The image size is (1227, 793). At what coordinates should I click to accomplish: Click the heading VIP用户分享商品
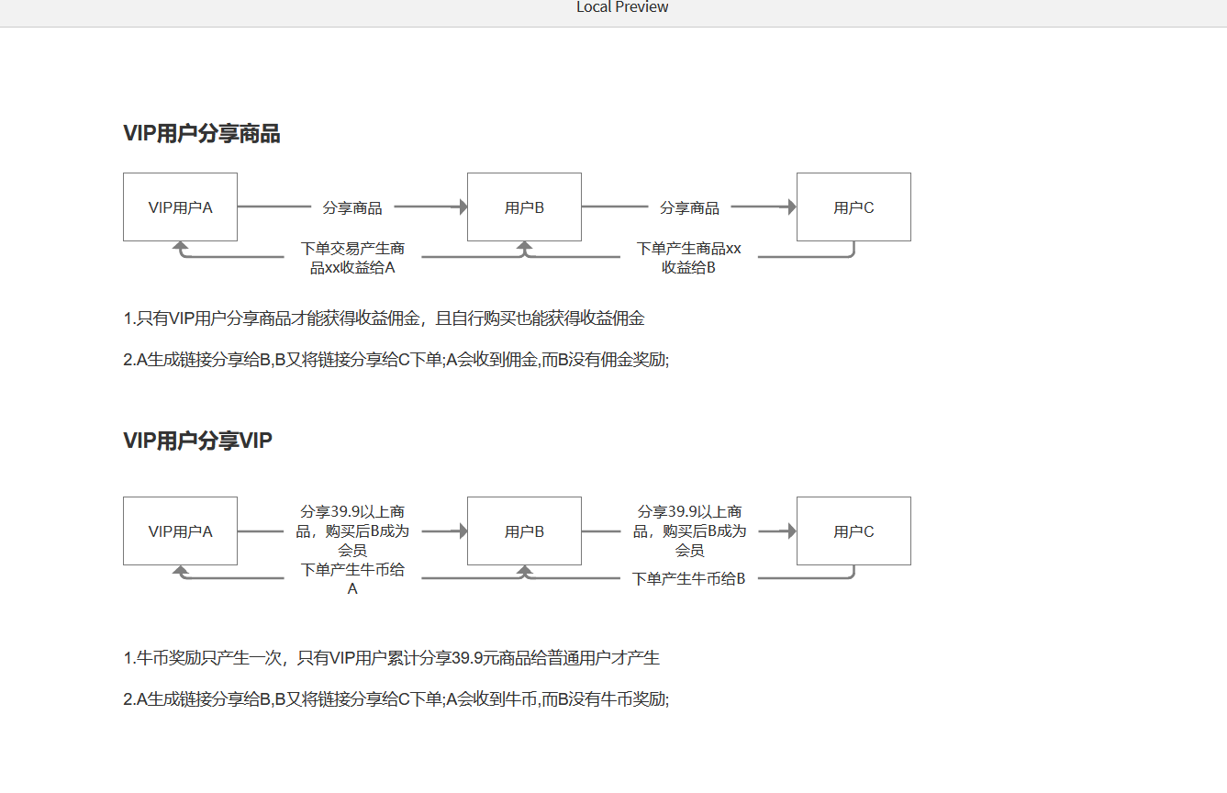202,134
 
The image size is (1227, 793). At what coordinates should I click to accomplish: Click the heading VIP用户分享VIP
197,441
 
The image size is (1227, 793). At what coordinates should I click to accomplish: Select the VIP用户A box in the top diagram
180,207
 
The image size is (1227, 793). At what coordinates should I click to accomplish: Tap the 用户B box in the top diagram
524,207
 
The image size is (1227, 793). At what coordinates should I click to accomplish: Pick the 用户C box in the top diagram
854,207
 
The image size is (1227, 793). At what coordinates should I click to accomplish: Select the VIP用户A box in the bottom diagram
180,531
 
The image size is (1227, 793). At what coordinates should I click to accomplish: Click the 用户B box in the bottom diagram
524,531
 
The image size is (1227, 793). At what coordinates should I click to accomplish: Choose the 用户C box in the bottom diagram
854,531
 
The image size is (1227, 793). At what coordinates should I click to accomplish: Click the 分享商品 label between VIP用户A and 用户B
352,207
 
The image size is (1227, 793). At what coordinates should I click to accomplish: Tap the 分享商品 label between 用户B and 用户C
689,207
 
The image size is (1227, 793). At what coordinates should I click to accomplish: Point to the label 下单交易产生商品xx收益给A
352,258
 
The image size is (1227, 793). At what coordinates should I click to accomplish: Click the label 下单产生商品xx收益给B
688,258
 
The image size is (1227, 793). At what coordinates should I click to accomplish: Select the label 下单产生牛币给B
688,579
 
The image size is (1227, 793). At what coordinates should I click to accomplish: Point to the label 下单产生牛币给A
352,579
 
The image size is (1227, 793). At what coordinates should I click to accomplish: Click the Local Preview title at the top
622,7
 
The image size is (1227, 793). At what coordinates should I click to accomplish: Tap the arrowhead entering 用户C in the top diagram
792,207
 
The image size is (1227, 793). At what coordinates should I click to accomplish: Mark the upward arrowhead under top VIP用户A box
180,247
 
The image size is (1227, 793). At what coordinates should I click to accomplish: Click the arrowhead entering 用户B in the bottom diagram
463,531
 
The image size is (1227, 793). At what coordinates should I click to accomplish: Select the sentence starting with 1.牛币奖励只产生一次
392,658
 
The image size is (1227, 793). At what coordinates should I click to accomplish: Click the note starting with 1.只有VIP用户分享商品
384,318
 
